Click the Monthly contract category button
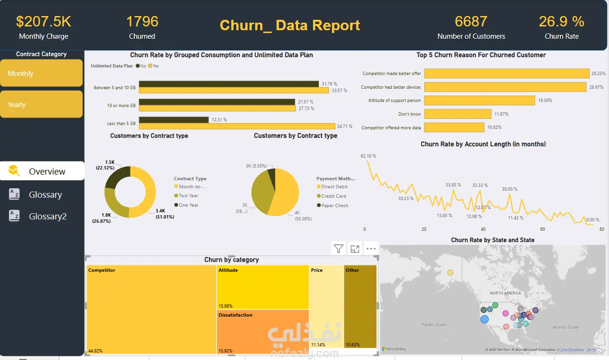41,73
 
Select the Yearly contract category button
41,104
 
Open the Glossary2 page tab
47,216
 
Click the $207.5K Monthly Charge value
43,22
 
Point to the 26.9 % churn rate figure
561,22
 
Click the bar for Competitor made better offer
507,74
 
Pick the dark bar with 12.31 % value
174,120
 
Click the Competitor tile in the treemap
151,309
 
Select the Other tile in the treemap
360,309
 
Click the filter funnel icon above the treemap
338,249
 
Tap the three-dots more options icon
371,249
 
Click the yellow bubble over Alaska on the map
450,273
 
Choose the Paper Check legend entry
334,205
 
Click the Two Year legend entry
188,196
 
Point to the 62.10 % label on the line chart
368,156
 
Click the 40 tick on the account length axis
483,229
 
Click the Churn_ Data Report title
290,25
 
